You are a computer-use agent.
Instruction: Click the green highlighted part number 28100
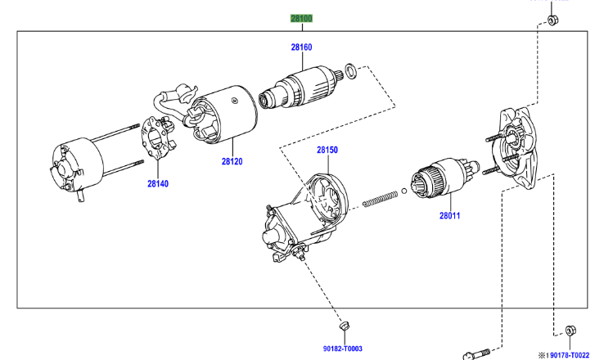tap(301, 18)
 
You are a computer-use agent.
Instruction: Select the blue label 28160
tap(301, 47)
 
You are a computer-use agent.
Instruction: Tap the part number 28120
tap(232, 161)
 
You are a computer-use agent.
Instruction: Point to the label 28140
tap(157, 184)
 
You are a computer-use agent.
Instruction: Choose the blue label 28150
tap(327, 151)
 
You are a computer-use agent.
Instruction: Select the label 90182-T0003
tap(342, 349)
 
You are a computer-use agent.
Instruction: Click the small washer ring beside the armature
tap(350, 71)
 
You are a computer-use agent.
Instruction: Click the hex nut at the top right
tap(552, 19)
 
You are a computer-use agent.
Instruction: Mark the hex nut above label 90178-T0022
tap(570, 331)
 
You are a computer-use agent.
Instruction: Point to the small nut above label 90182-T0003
tap(344, 326)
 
